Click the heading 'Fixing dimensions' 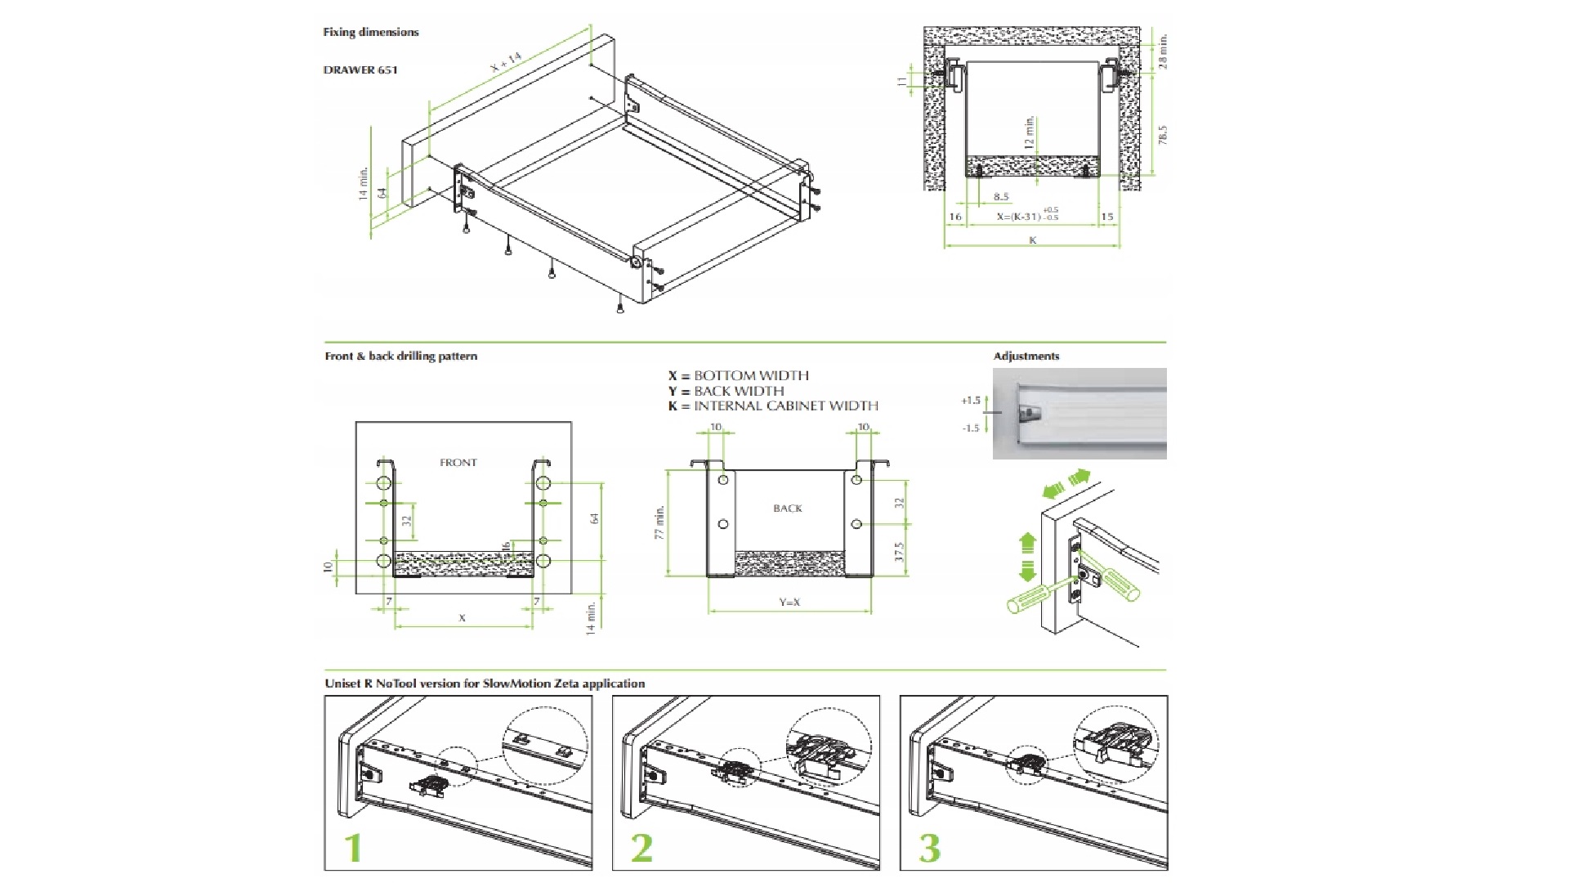click(371, 33)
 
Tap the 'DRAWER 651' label click(360, 70)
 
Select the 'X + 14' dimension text click(506, 64)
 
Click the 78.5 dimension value click(1163, 135)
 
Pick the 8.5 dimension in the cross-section click(1001, 197)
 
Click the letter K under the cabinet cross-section click(1033, 240)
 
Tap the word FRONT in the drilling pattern click(458, 463)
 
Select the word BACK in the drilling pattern click(788, 509)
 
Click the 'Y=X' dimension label click(789, 603)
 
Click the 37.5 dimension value click(900, 552)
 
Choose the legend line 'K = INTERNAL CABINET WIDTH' click(773, 406)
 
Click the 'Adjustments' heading click(1026, 356)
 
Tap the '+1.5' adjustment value click(970, 401)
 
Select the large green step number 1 click(353, 849)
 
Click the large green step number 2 click(641, 849)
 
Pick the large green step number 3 click(930, 849)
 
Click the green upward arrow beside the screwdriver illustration click(1027, 543)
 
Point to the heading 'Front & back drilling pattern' click(401, 356)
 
